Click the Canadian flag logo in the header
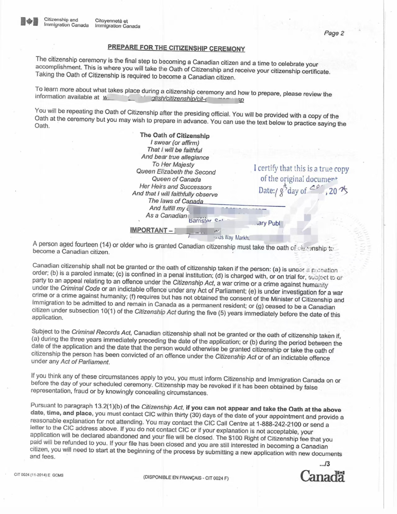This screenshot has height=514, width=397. (29, 21)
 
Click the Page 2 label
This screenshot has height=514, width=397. (334, 33)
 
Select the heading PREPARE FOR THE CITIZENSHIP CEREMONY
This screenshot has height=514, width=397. (176, 48)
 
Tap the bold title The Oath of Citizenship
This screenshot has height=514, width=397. (174, 135)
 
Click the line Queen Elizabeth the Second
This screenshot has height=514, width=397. (176, 172)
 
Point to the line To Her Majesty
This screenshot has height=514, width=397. (173, 165)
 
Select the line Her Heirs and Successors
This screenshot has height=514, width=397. (175, 187)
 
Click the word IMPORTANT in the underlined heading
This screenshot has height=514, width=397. (148, 230)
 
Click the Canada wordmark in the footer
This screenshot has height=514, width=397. (322, 476)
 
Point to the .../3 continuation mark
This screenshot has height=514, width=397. (324, 464)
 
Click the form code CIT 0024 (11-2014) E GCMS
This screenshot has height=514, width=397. (38, 475)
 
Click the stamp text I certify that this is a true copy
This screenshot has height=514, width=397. (301, 169)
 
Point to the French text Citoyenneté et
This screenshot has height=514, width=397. (111, 21)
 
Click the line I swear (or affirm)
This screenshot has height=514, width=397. (174, 143)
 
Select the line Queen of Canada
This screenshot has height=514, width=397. (176, 179)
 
